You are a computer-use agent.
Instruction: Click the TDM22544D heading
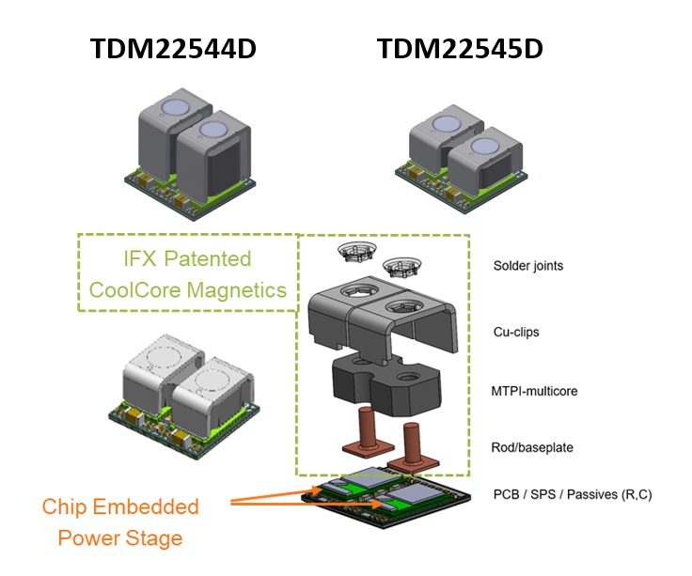[172, 49]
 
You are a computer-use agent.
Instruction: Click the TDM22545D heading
[461, 49]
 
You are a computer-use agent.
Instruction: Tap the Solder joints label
[529, 266]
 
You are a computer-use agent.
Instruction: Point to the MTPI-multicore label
[533, 389]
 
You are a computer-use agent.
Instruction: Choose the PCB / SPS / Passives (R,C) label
[572, 494]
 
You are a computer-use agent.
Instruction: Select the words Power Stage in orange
[119, 538]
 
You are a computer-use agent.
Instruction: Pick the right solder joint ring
[402, 266]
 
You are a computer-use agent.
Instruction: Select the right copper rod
[412, 445]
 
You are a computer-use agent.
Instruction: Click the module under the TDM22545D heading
[461, 150]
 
